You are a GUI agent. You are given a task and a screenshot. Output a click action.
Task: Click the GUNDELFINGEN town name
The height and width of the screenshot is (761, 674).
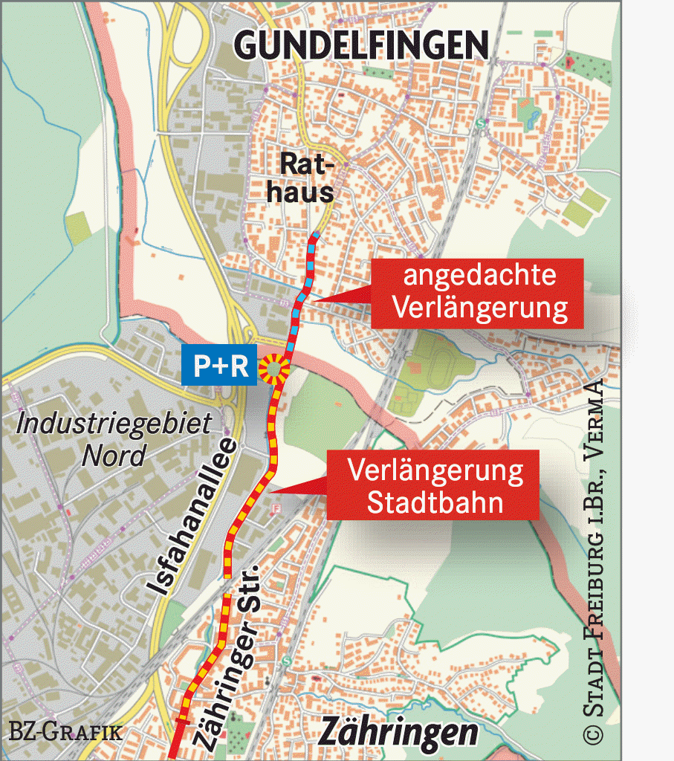[361, 46]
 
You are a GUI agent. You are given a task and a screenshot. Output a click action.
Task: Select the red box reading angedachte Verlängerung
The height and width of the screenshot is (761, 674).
[479, 295]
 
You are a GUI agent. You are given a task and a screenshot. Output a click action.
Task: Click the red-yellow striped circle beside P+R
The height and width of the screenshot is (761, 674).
[276, 366]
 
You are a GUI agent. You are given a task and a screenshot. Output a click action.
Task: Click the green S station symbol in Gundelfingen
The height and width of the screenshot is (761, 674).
[481, 123]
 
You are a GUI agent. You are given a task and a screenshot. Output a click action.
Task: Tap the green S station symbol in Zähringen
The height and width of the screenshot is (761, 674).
[285, 661]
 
